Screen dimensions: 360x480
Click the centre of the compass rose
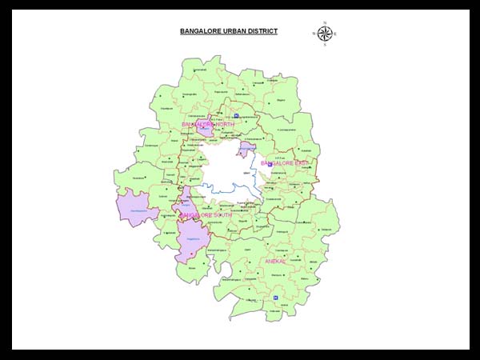(325, 34)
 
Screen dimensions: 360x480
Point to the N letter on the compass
(325, 22)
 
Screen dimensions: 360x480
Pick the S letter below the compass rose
(325, 45)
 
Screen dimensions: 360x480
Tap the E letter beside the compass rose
(336, 34)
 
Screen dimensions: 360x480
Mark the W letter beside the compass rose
(314, 34)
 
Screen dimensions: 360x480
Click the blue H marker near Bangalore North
(236, 117)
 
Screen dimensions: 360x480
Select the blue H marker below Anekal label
(275, 297)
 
